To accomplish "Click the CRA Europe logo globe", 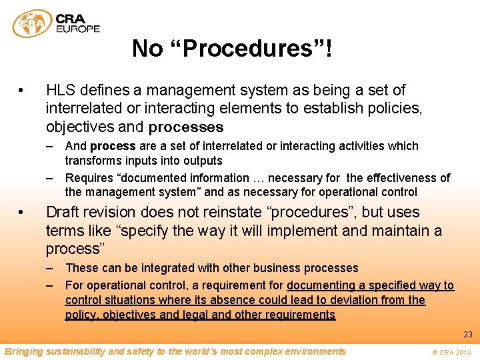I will pos(32,23).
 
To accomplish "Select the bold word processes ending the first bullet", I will pos(186,127).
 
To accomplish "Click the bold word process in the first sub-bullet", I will pos(113,146).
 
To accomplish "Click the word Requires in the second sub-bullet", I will pos(89,178).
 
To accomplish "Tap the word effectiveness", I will pos(397,178).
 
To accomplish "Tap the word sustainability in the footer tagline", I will pos(72,351).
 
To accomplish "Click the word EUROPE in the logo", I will pos(79,29).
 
